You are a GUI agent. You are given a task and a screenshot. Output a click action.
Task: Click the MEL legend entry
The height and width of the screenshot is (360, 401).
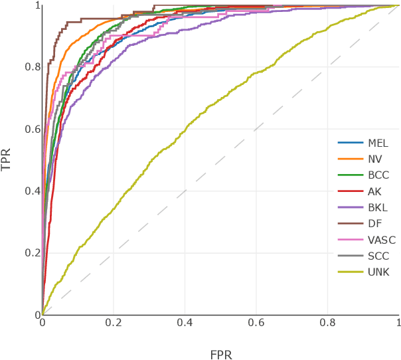click(x=377, y=143)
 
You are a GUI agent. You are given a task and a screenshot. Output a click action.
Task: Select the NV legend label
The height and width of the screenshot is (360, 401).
click(x=374, y=159)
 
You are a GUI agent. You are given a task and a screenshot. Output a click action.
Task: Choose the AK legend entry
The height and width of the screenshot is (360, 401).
click(x=374, y=191)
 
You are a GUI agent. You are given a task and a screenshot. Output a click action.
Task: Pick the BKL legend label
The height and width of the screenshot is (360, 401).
click(x=376, y=208)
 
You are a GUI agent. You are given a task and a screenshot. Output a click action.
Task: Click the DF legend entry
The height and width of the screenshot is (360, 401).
click(x=374, y=224)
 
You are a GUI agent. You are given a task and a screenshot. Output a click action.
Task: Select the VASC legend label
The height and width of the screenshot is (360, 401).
click(x=380, y=240)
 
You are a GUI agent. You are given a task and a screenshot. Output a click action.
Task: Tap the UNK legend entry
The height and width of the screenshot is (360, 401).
click(x=377, y=272)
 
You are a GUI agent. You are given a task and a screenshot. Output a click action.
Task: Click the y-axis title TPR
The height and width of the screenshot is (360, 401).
click(x=7, y=159)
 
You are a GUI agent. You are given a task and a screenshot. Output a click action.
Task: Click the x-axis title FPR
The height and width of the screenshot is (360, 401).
click(x=220, y=353)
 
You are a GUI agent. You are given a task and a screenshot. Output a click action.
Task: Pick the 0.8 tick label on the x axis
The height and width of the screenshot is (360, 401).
click(x=327, y=323)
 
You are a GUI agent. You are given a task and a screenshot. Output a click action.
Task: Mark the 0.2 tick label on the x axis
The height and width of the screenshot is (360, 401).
click(x=114, y=323)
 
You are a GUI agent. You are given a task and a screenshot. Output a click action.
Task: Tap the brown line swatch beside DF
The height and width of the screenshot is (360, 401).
click(x=349, y=224)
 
